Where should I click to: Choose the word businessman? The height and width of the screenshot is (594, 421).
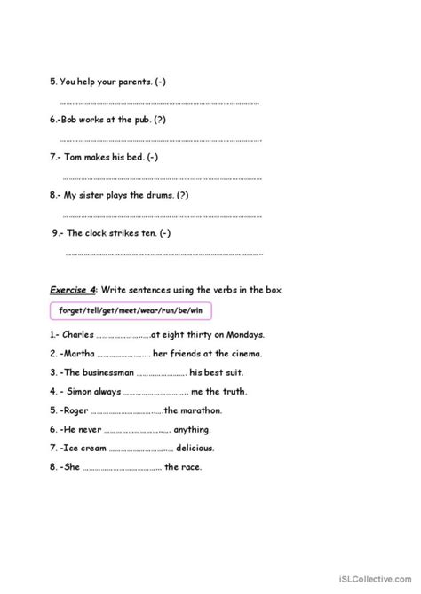110,372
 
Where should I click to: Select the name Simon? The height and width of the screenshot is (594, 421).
81,391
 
